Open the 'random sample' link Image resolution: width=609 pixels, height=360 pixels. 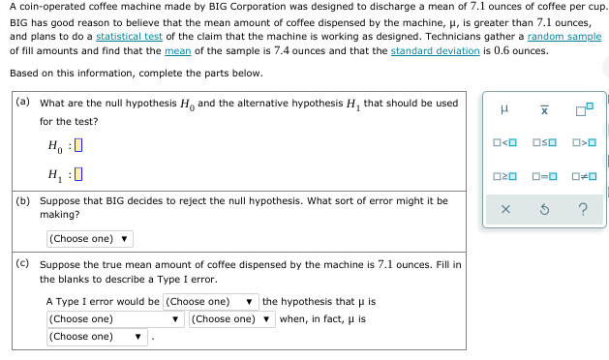[x=564, y=36]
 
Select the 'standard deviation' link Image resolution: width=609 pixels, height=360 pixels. [x=435, y=51]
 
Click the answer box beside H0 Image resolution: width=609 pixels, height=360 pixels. [x=77, y=146]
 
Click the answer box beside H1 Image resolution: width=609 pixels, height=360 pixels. [x=77, y=175]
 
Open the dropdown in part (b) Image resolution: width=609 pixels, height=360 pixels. [x=89, y=238]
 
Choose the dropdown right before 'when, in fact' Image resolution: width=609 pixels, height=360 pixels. [x=232, y=318]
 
